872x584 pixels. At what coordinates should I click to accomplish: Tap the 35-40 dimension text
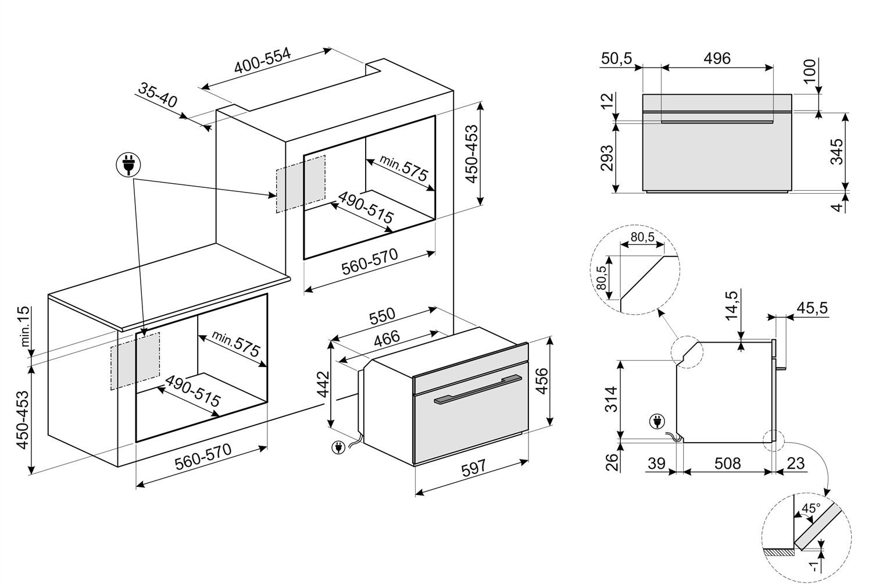pos(158,94)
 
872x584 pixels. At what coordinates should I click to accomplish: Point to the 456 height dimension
pos(541,380)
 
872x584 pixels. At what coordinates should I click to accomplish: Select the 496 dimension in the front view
pos(717,58)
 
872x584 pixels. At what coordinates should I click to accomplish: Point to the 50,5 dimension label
pos(617,58)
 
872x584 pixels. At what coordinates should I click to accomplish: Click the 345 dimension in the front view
pos(835,152)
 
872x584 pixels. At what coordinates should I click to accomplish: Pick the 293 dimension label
pos(606,157)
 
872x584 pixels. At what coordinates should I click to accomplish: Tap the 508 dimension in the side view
pos(727,463)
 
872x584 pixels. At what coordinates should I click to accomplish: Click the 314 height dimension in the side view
pos(611,400)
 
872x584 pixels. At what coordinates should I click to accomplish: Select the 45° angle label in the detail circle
pos(810,508)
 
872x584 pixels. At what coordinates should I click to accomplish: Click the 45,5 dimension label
pos(812,308)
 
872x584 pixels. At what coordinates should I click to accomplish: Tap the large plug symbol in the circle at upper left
pos(128,165)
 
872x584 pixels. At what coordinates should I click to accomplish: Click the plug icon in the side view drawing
pos(657,421)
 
